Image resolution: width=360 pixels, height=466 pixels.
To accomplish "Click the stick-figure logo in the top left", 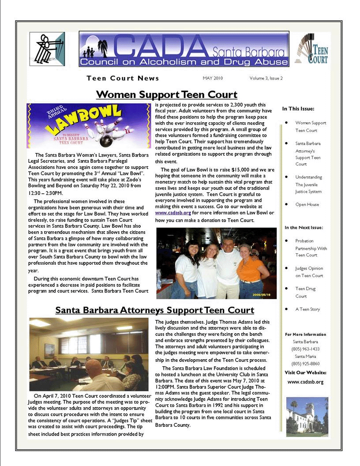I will pyautogui.click(x=47, y=49).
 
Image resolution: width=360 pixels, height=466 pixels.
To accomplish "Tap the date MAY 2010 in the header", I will pyautogui.click(x=213, y=78).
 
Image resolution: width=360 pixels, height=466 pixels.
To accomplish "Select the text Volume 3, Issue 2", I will pyautogui.click(x=266, y=78).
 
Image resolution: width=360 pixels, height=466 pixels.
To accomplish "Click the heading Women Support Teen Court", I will pyautogui.click(x=166, y=94).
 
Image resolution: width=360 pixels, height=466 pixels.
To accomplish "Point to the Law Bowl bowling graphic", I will pyautogui.click(x=88, y=126).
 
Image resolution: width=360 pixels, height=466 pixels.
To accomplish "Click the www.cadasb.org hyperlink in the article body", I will pyautogui.click(x=173, y=213).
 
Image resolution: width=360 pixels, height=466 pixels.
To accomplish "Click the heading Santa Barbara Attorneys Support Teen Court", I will pyautogui.click(x=154, y=310).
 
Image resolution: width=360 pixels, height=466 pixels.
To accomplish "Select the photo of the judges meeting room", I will pyautogui.click(x=89, y=354).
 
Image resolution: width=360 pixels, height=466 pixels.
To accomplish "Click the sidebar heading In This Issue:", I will pyautogui.click(x=298, y=109).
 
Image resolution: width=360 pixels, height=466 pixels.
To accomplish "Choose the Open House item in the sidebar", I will pyautogui.click(x=307, y=204).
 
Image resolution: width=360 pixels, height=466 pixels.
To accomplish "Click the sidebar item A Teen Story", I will pyautogui.click(x=307, y=309).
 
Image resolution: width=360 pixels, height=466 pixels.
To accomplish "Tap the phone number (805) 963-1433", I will pyautogui.click(x=305, y=349).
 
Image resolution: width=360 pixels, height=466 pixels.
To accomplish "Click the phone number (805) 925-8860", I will pyautogui.click(x=305, y=364).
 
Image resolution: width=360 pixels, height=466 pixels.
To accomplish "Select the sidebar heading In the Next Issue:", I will pyautogui.click(x=304, y=228).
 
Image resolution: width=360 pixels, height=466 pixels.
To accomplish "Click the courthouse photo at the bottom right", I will pyautogui.click(x=307, y=417).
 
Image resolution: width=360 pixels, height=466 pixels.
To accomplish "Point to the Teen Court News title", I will pyautogui.click(x=123, y=78).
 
